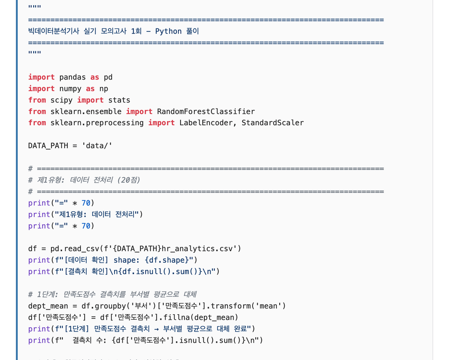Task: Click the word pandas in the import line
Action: (x=72, y=77)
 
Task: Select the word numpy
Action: (x=70, y=89)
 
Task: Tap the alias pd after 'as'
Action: (x=108, y=77)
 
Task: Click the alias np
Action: (x=104, y=89)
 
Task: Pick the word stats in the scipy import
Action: (x=119, y=100)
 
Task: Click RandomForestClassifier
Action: (x=206, y=111)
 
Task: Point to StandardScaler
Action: (x=273, y=123)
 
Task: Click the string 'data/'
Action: (x=97, y=146)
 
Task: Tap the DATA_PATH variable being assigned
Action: (x=48, y=146)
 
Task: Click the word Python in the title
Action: (x=168, y=31)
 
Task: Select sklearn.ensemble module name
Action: (x=86, y=111)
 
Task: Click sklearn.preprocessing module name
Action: (x=97, y=123)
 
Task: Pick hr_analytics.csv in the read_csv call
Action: (x=197, y=249)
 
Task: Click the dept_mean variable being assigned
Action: (x=48, y=306)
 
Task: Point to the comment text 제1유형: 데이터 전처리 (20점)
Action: (x=88, y=180)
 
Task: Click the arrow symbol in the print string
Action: (x=156, y=329)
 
